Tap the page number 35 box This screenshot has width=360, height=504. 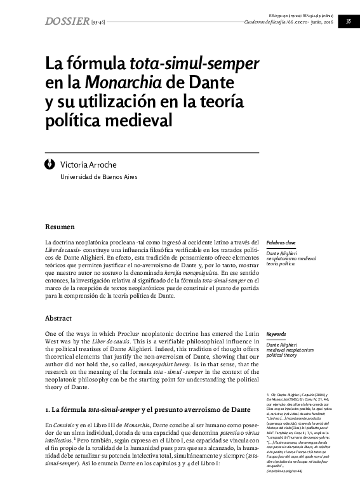pos(348,22)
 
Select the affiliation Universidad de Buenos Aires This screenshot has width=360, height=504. pos(98,176)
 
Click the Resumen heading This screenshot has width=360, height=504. pos(60,227)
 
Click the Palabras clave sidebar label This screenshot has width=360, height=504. pos(281,242)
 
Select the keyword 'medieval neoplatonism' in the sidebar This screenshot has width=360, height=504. pos(290,350)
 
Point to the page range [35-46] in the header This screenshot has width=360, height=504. pos(98,23)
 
